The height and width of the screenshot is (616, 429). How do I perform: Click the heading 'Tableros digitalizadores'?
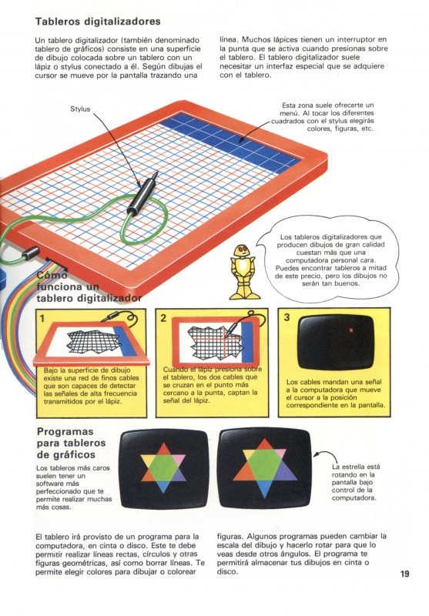pos(98,22)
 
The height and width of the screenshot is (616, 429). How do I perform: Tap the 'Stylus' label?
pos(80,109)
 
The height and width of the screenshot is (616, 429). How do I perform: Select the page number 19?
pos(404,574)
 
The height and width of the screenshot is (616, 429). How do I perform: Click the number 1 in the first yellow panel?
pos(42,319)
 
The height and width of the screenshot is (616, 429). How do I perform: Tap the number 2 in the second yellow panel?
pos(163,318)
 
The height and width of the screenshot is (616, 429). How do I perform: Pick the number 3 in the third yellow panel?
pos(287,317)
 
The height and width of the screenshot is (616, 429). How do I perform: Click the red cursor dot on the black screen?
pos(351,330)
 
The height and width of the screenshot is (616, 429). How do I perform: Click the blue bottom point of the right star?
pos(265,490)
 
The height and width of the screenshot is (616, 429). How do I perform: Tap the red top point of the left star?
pos(164,449)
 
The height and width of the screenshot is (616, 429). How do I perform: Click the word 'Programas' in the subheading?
pos(65,432)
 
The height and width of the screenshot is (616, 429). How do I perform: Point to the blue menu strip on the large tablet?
pos(232,142)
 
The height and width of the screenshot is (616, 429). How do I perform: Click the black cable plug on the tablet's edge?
pos(31,253)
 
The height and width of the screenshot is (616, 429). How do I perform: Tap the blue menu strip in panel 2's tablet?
pos(247,341)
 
